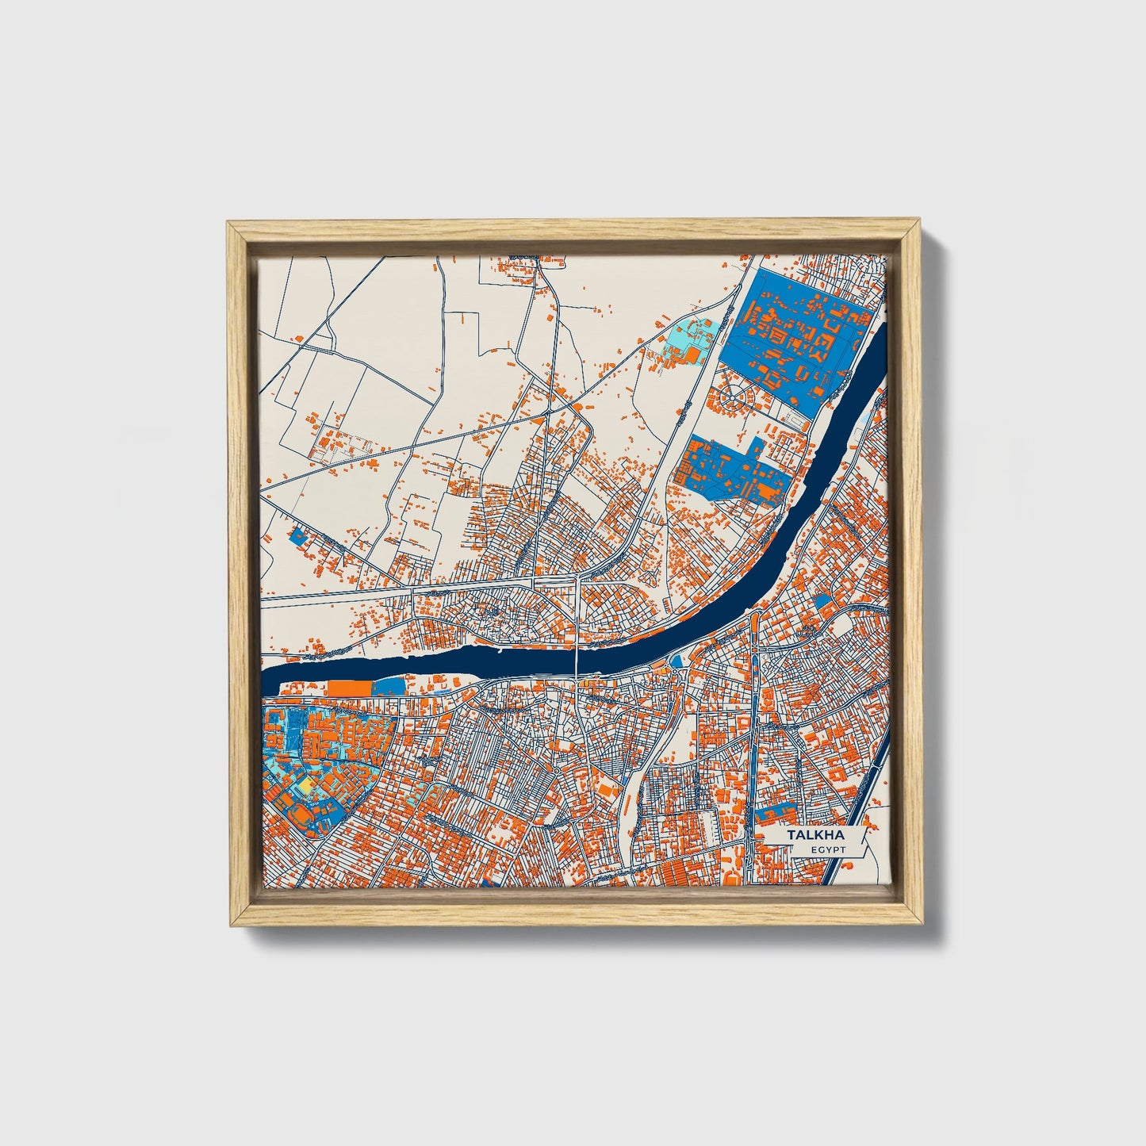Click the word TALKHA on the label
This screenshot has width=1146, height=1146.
(815, 836)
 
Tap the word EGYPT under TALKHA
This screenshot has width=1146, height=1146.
(828, 850)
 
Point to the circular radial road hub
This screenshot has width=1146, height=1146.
(734, 394)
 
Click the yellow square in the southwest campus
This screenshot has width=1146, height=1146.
(305, 784)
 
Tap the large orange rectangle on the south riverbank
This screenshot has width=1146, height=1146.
(349, 688)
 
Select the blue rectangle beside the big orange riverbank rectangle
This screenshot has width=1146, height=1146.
(388, 687)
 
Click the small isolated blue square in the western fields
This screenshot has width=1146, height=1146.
(298, 536)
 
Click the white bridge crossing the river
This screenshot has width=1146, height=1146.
(576, 658)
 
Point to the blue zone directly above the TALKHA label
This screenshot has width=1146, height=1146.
(777, 814)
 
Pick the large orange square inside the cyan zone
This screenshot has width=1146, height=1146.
(692, 355)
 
